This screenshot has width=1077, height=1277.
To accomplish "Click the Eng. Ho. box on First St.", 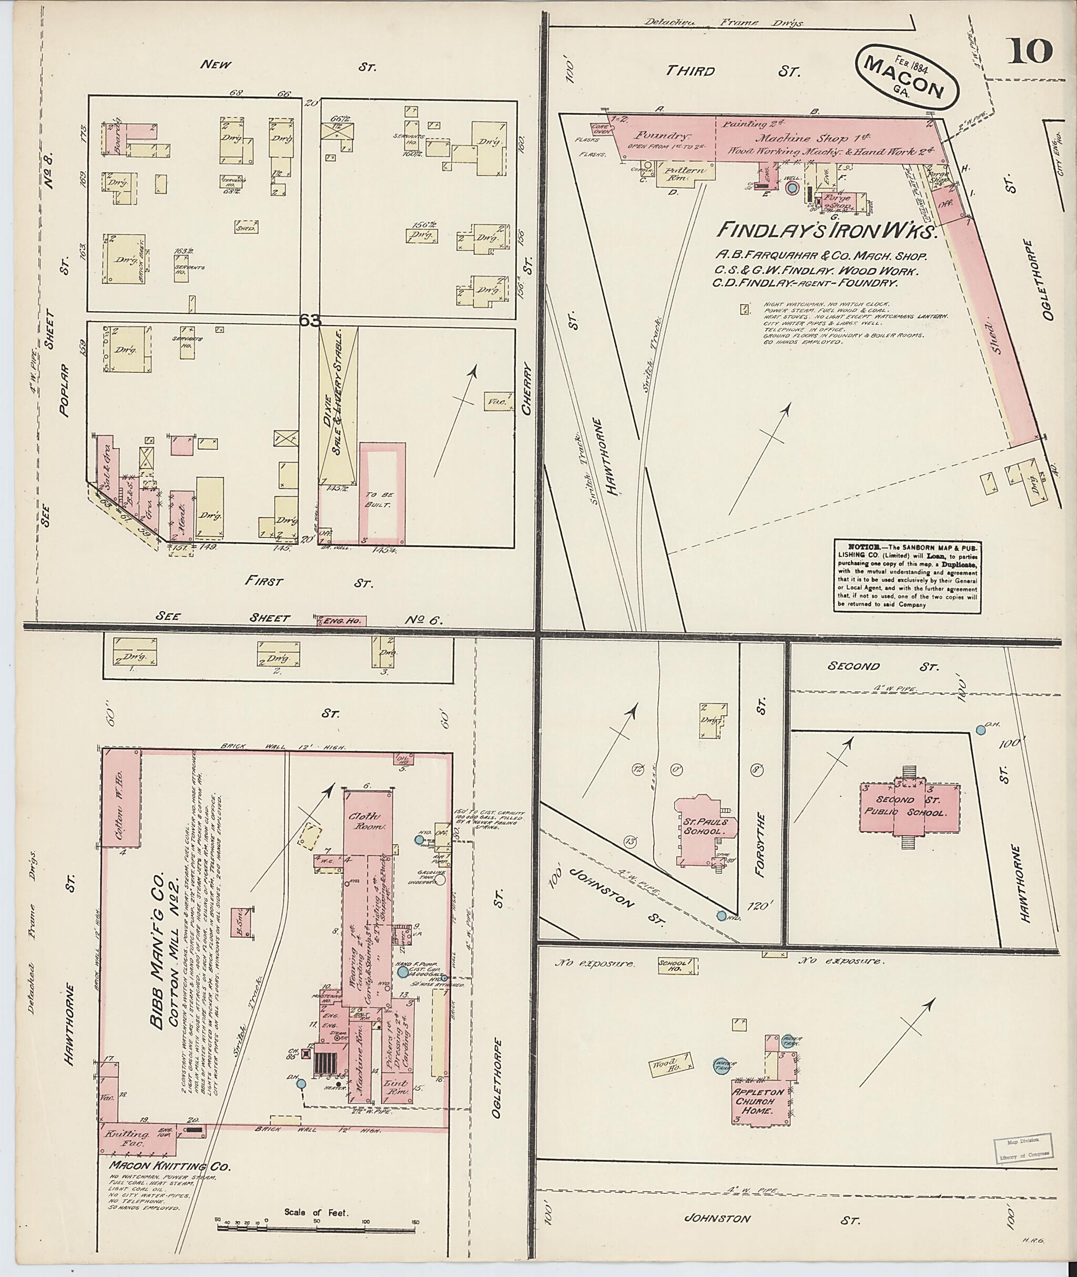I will pos(341,621).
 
